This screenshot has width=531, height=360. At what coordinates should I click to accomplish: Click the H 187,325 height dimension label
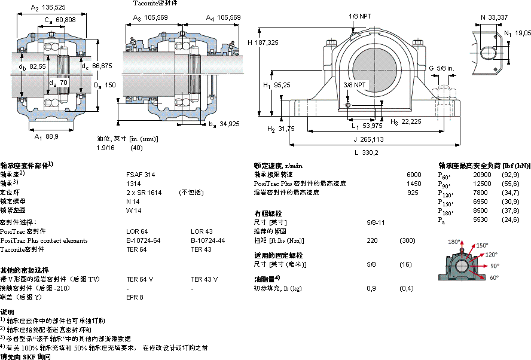pyautogui.click(x=263, y=42)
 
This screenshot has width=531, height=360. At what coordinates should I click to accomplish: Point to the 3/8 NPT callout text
pyautogui.click(x=355, y=86)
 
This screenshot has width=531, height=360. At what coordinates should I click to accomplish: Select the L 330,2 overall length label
pyautogui.click(x=367, y=152)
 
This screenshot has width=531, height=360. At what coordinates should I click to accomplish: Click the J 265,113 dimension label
pyautogui.click(x=368, y=139)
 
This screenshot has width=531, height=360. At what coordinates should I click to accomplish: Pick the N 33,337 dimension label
pyautogui.click(x=494, y=17)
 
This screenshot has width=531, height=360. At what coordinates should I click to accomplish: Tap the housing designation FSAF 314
pyautogui.click(x=138, y=175)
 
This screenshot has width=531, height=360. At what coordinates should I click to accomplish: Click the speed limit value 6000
pyautogui.click(x=414, y=175)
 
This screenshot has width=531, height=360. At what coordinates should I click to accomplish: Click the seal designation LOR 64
pyautogui.click(x=136, y=231)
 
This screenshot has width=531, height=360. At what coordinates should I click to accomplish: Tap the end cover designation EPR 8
pyautogui.click(x=135, y=297)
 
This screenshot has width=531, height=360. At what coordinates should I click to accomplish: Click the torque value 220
pyautogui.click(x=372, y=240)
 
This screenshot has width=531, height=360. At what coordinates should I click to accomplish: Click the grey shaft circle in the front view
pyautogui.click(x=375, y=68)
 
